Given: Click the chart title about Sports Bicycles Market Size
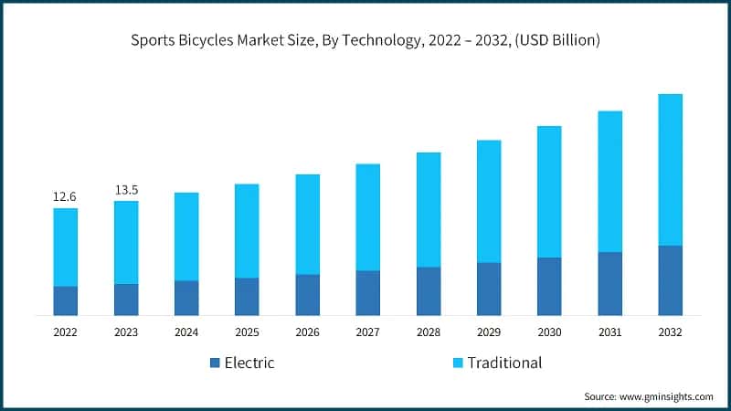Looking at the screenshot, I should coord(365,40).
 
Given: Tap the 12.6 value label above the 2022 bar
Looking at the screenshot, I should coord(65,196).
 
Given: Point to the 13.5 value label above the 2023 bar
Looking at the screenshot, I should coord(126,189).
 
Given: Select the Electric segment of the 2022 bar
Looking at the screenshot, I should coord(65,300).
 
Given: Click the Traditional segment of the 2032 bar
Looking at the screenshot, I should coord(671,169).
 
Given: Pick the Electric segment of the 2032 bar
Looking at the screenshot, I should coord(671,280).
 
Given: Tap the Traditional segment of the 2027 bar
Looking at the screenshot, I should coord(367,217).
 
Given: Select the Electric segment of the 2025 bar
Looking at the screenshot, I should coord(247,297).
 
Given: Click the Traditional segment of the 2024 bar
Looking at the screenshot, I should coord(186,237).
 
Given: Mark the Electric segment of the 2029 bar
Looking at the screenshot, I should coord(489,289).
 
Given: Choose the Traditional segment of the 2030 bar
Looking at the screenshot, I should coord(549,192).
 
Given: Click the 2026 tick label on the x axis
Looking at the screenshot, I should coord(307,333).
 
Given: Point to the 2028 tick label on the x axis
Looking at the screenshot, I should coord(429,333).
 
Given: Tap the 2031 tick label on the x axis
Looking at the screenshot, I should coord(610,333).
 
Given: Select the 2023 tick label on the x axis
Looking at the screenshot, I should coord(126,333).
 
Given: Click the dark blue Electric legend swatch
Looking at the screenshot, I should coord(215,364).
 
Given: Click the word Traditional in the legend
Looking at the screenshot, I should coord(504,363).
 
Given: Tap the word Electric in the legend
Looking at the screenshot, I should coord(249,363).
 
